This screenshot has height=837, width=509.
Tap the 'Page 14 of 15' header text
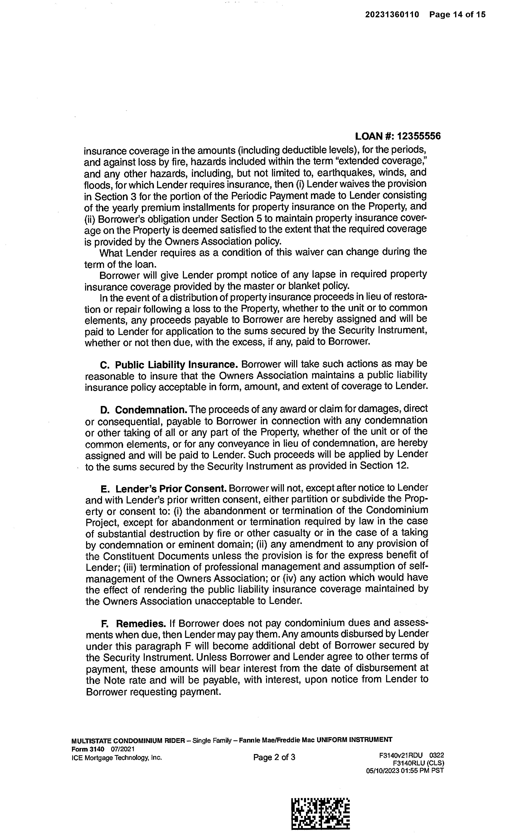[x=457, y=15]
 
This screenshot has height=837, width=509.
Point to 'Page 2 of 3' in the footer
[x=274, y=757]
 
